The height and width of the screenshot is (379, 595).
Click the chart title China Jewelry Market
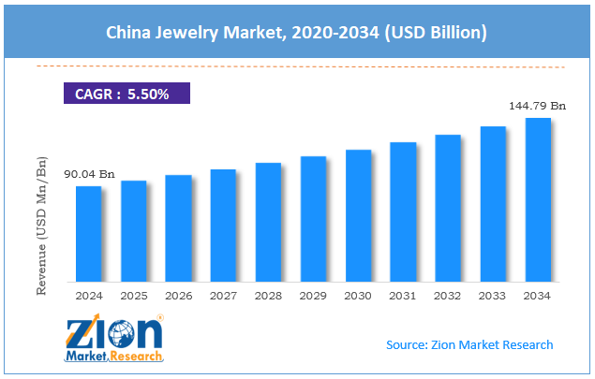[x=297, y=33]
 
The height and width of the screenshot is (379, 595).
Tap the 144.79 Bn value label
[x=537, y=106]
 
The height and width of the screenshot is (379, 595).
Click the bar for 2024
[x=88, y=234]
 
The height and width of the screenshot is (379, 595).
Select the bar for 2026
[x=178, y=228]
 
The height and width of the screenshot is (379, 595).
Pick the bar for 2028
[x=268, y=222]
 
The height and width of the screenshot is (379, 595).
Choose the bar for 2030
[x=358, y=215]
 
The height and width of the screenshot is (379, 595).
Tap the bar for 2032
[x=448, y=208]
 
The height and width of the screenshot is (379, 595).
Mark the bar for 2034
[x=538, y=199]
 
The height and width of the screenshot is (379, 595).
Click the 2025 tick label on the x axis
[x=133, y=296]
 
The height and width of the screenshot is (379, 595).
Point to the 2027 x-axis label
[x=223, y=296]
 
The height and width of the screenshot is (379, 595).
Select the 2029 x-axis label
[x=313, y=296]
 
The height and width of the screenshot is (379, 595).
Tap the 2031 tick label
[x=403, y=296]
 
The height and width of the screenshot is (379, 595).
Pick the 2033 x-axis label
[x=493, y=296]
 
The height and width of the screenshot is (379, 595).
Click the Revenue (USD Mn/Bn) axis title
[x=41, y=226]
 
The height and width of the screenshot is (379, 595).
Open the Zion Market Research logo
[x=113, y=339]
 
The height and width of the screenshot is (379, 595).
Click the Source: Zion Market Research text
[x=469, y=344]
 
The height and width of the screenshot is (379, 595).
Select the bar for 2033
[x=493, y=204]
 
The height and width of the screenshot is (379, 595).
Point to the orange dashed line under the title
[x=300, y=66]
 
